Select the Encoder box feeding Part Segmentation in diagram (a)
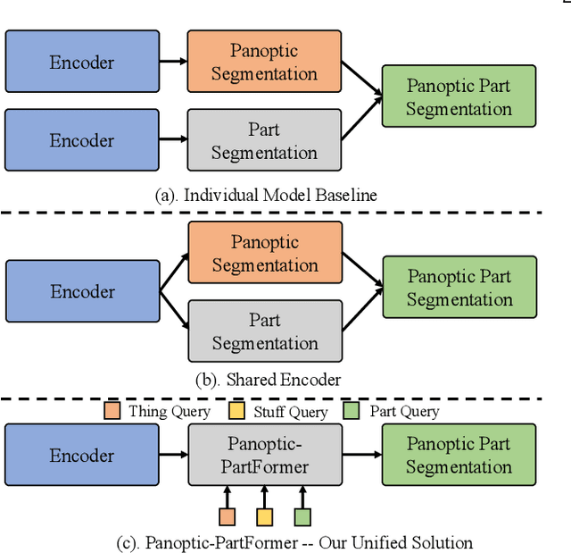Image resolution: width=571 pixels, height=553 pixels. [x=82, y=140]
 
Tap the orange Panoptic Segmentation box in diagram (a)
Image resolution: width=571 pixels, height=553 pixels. [x=264, y=62]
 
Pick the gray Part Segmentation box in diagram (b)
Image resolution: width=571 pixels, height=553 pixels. [x=265, y=331]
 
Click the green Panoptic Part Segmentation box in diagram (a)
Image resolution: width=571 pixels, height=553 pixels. [x=459, y=96]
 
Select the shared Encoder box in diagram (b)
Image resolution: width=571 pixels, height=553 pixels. [x=82, y=291]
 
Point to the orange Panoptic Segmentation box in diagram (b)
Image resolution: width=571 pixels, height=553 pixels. [x=265, y=254]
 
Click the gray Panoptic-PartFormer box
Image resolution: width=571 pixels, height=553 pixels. [x=265, y=455]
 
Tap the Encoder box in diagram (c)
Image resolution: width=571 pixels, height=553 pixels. [x=82, y=455]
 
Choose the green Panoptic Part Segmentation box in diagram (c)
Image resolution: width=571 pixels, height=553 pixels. [x=459, y=455]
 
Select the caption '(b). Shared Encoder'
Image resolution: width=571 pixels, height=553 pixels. [x=268, y=379]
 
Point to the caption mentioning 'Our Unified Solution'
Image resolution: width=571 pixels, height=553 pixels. [x=294, y=542]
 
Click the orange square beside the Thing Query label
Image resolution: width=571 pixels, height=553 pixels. [x=112, y=411]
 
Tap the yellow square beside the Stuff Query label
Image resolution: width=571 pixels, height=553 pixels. [x=236, y=411]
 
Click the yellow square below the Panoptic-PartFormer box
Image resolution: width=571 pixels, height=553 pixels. [x=265, y=516]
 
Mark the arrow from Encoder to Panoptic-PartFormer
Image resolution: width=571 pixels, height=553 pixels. [x=173, y=455]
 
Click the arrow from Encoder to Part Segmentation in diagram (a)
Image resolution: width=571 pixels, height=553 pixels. [x=173, y=140]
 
